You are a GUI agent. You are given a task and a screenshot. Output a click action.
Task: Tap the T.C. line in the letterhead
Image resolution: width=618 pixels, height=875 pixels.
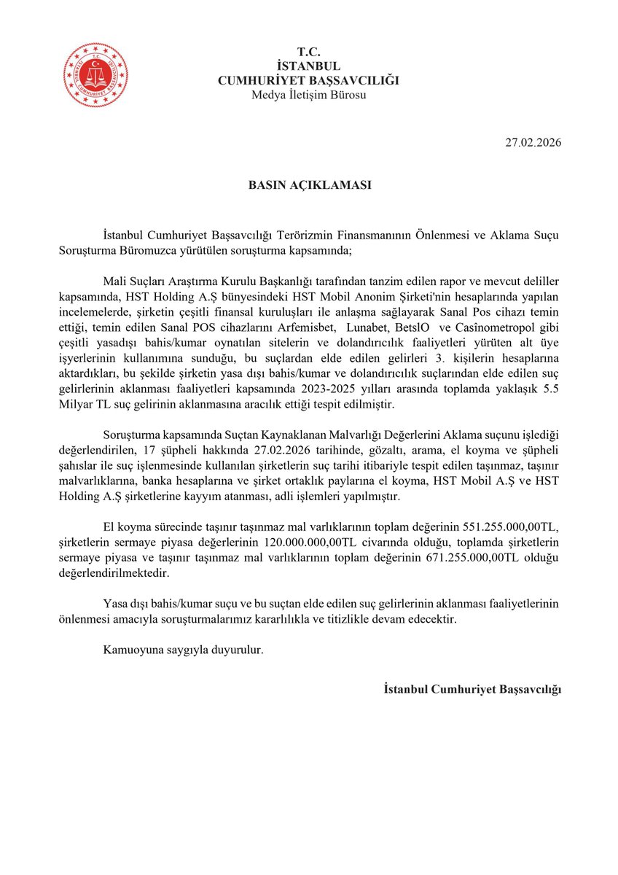tap(308, 52)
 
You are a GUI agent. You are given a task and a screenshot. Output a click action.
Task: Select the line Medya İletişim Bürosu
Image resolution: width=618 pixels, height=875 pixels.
tap(308, 95)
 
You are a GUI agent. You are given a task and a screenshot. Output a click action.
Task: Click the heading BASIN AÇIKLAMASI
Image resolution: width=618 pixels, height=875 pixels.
tap(309, 185)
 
